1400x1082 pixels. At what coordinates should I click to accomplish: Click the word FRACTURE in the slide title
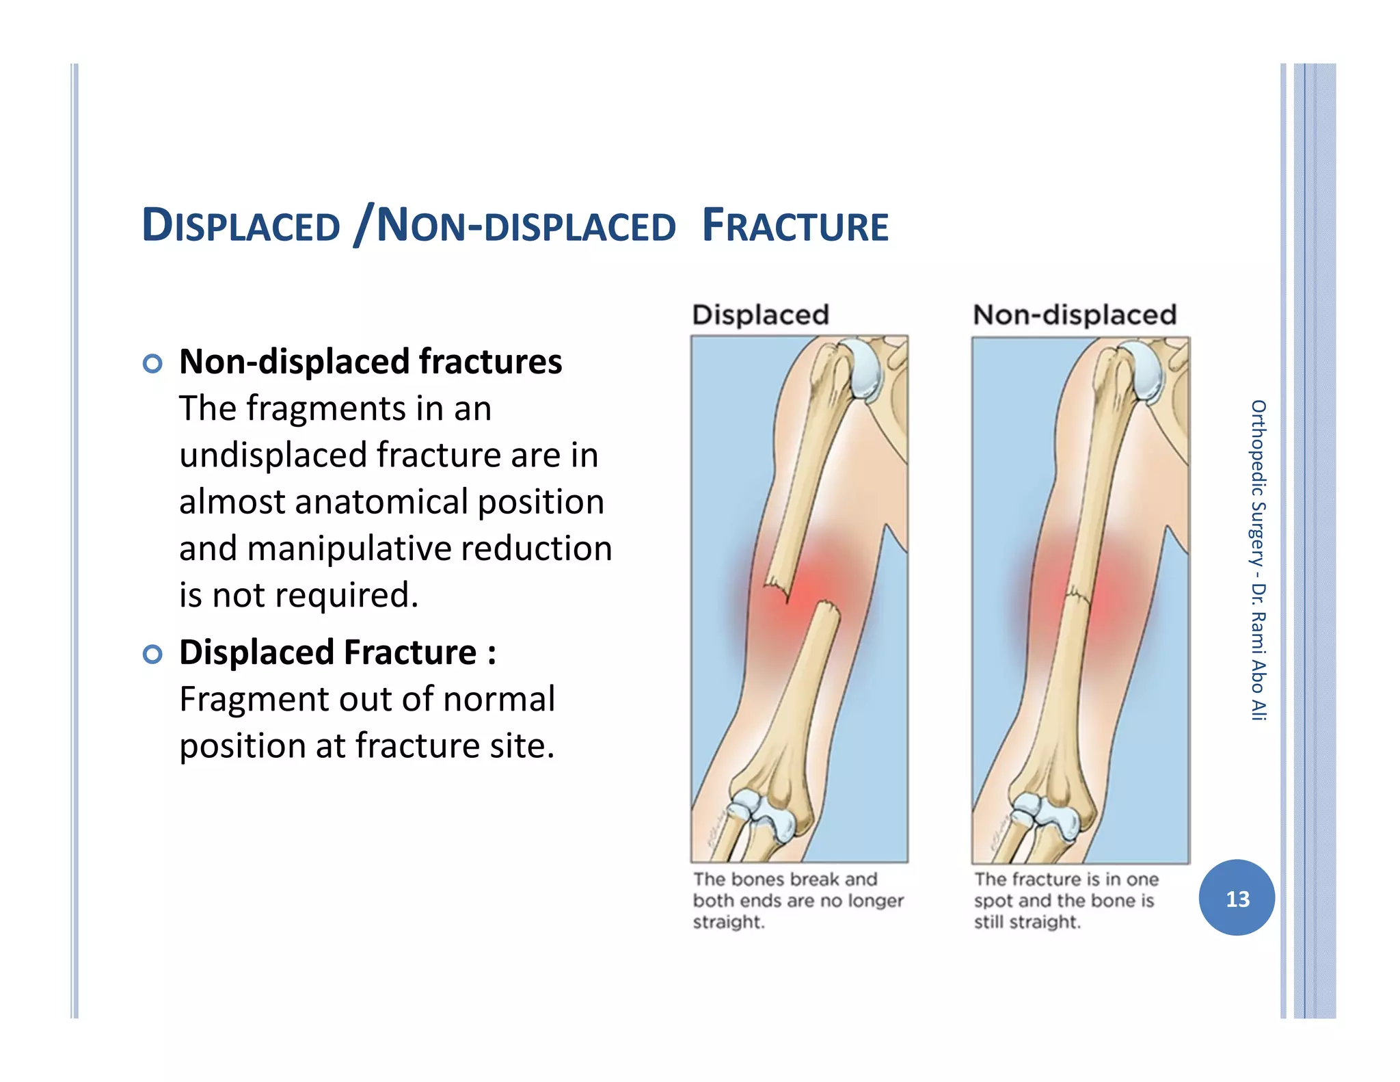pos(795,226)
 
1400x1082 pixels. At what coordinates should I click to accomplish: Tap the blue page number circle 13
pos(1237,898)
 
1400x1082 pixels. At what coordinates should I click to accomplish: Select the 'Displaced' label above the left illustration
pos(760,315)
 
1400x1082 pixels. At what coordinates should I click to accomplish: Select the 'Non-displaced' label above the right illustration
pos(1075,315)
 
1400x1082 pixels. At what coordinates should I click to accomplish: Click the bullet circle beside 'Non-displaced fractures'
pos(152,363)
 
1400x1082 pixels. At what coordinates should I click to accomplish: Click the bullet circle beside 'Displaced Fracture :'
pos(152,654)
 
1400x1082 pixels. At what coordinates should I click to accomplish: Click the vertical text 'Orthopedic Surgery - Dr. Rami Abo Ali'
pos(1258,560)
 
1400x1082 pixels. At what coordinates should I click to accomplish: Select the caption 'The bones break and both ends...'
pos(798,900)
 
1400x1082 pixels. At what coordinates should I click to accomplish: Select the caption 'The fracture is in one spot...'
pos(1065,900)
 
